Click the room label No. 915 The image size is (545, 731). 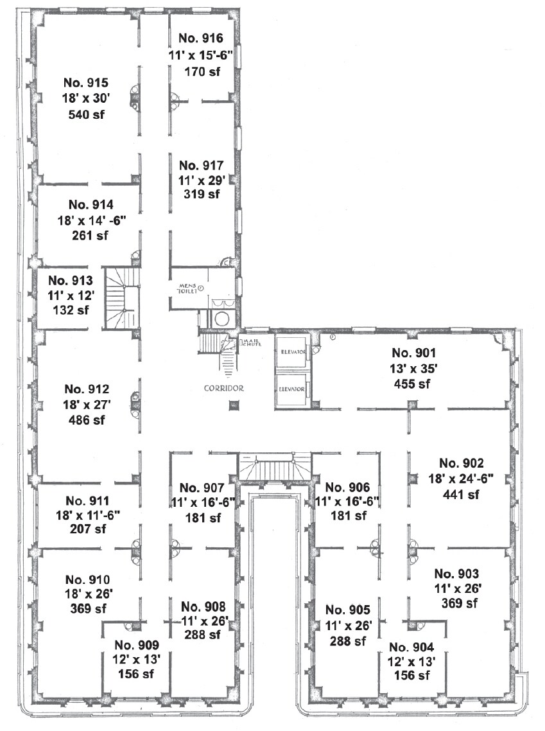click(x=86, y=83)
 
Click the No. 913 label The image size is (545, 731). click(x=71, y=281)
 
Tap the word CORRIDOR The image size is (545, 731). click(x=224, y=388)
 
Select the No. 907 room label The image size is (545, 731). click(x=202, y=488)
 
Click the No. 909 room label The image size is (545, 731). click(x=136, y=645)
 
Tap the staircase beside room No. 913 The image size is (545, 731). click(x=123, y=299)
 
